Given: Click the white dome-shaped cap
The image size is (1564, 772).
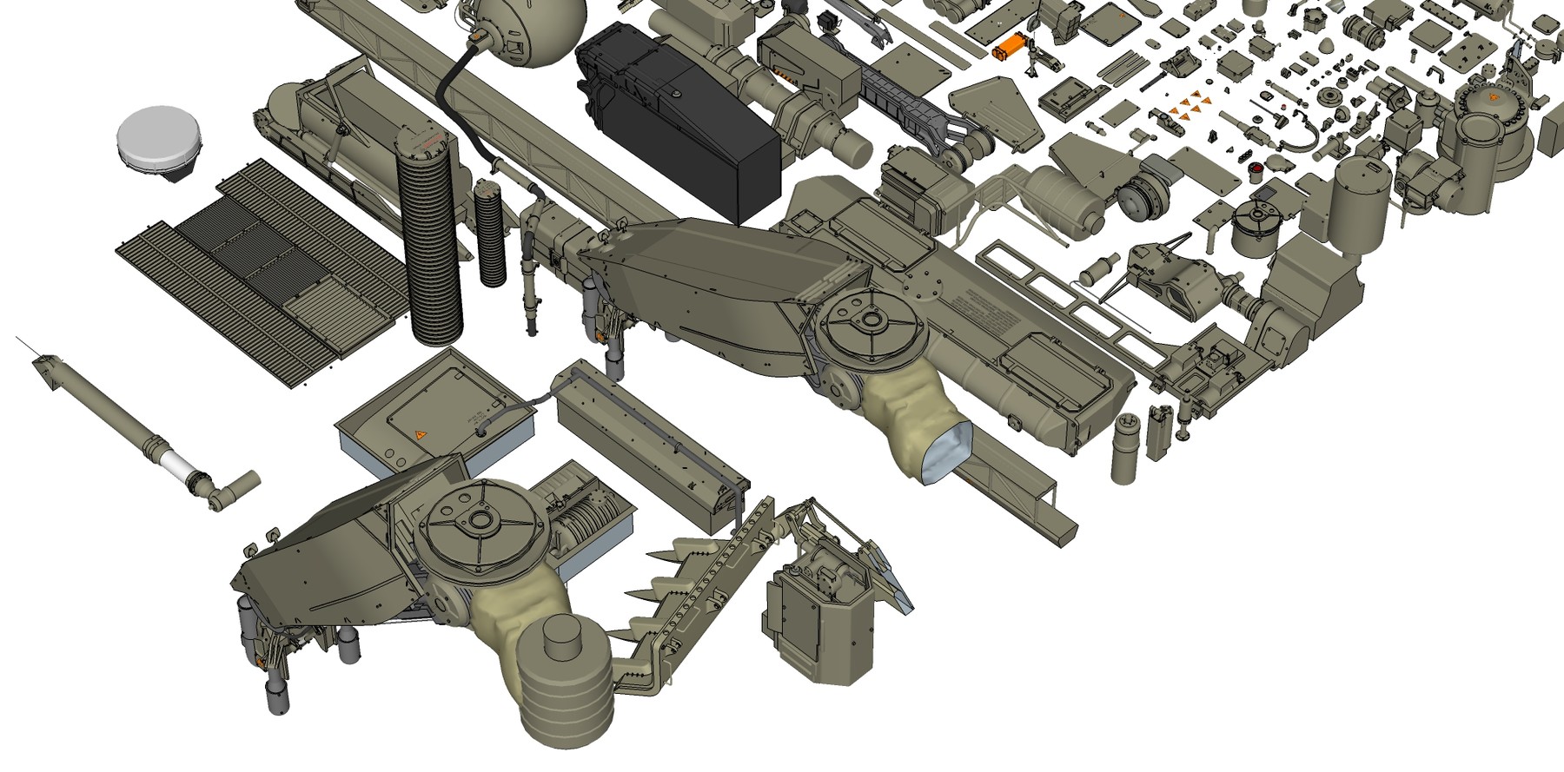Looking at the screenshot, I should click(x=159, y=139).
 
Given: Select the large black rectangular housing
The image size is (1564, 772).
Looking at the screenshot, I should click(x=678, y=122).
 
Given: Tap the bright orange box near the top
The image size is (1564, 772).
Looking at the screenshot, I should click(x=1010, y=46).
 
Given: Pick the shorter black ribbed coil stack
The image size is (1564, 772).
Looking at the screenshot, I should click(x=491, y=233).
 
